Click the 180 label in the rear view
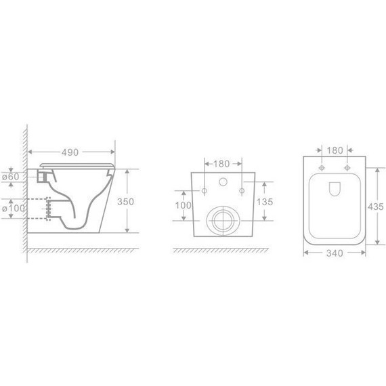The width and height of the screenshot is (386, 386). coord(222,163)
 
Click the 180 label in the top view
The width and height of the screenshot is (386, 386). coord(333,150)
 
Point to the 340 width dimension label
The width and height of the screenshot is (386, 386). coord(333,253)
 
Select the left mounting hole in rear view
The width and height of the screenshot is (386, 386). coord(204,192)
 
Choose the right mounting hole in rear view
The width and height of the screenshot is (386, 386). coord(241,192)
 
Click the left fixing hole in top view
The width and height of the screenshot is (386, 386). coord(321,167)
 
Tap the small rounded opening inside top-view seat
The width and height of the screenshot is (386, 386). coord(333,190)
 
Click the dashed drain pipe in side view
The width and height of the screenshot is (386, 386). coord(49,207)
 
